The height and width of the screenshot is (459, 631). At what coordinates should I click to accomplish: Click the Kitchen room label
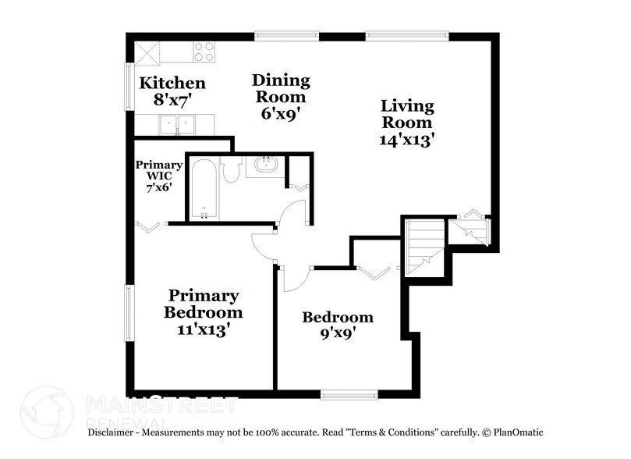[172, 83]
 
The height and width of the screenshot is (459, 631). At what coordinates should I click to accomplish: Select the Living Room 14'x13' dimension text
[407, 141]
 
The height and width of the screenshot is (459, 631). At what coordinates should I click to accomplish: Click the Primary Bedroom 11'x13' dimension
[203, 329]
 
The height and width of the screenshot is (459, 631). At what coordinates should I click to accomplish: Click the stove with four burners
[204, 52]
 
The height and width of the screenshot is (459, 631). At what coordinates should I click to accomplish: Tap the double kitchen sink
[178, 124]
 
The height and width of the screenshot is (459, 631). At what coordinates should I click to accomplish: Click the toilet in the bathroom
[231, 170]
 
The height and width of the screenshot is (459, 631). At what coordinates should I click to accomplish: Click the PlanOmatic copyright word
[518, 432]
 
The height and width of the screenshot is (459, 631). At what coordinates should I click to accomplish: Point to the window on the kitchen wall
[130, 86]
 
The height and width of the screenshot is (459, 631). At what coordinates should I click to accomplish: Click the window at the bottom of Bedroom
[349, 395]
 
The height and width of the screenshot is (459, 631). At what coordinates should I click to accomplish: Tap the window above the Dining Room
[286, 35]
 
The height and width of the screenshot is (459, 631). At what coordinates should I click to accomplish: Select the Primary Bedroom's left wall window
[130, 312]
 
